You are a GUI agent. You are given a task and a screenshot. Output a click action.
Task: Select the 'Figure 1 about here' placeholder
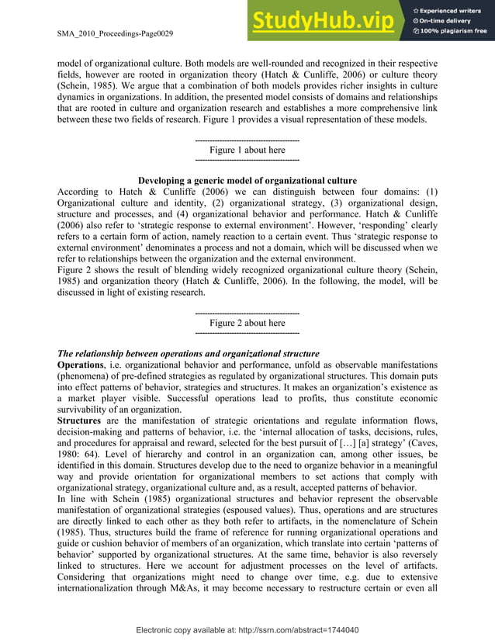[x=247, y=150]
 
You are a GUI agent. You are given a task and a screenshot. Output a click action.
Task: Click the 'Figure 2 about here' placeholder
[x=247, y=323]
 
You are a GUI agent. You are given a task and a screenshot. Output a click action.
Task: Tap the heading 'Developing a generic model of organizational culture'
[x=247, y=181]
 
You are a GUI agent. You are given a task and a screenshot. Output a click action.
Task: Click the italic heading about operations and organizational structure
[x=183, y=353]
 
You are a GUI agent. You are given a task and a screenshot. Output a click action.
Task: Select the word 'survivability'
[x=88, y=408]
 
